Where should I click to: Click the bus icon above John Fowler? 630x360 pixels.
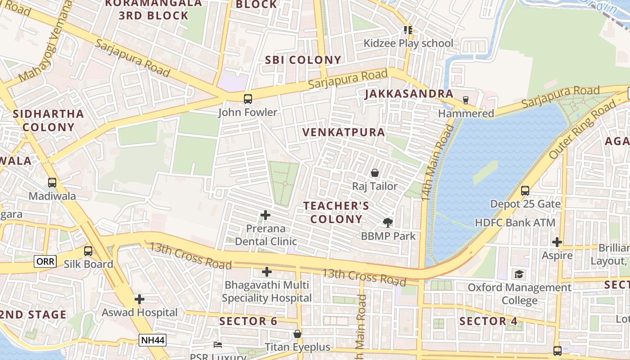point(247,99)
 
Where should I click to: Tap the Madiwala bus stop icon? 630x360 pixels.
point(52,183)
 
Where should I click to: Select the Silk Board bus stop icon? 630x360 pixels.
point(88,251)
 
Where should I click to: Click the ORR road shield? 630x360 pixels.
point(45,261)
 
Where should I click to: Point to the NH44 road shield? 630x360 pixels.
point(153,340)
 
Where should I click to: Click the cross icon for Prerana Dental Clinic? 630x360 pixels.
point(265,215)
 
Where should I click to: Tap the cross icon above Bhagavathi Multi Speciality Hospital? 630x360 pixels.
point(267,272)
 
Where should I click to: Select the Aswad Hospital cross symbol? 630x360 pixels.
point(139,299)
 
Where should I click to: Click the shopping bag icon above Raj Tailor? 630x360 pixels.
point(374,173)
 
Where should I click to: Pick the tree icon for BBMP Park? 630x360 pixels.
point(388,222)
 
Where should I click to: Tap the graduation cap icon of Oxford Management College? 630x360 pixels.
point(519,274)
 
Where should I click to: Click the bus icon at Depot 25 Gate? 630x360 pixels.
point(525,190)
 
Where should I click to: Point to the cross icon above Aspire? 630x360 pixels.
point(557,242)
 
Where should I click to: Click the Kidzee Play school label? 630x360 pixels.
point(409,44)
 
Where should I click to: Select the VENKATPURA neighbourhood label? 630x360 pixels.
point(344,132)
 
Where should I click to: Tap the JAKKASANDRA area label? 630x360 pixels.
point(409,94)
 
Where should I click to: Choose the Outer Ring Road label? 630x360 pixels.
point(583,130)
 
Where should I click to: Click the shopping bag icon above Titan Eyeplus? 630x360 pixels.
point(297,334)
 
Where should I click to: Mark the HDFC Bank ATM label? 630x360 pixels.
point(515,223)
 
